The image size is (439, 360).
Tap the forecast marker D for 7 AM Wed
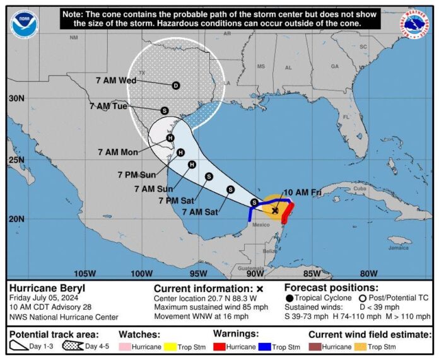tap(175, 85)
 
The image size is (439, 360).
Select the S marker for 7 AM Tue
tap(164, 110)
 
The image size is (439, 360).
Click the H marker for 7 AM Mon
tap(170, 138)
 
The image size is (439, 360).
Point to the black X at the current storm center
tap(275, 210)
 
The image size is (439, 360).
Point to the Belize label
tap(270, 251)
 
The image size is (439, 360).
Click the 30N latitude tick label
tap(17, 98)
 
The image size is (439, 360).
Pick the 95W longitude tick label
tap(198, 273)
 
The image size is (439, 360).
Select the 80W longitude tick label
tap(368, 273)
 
